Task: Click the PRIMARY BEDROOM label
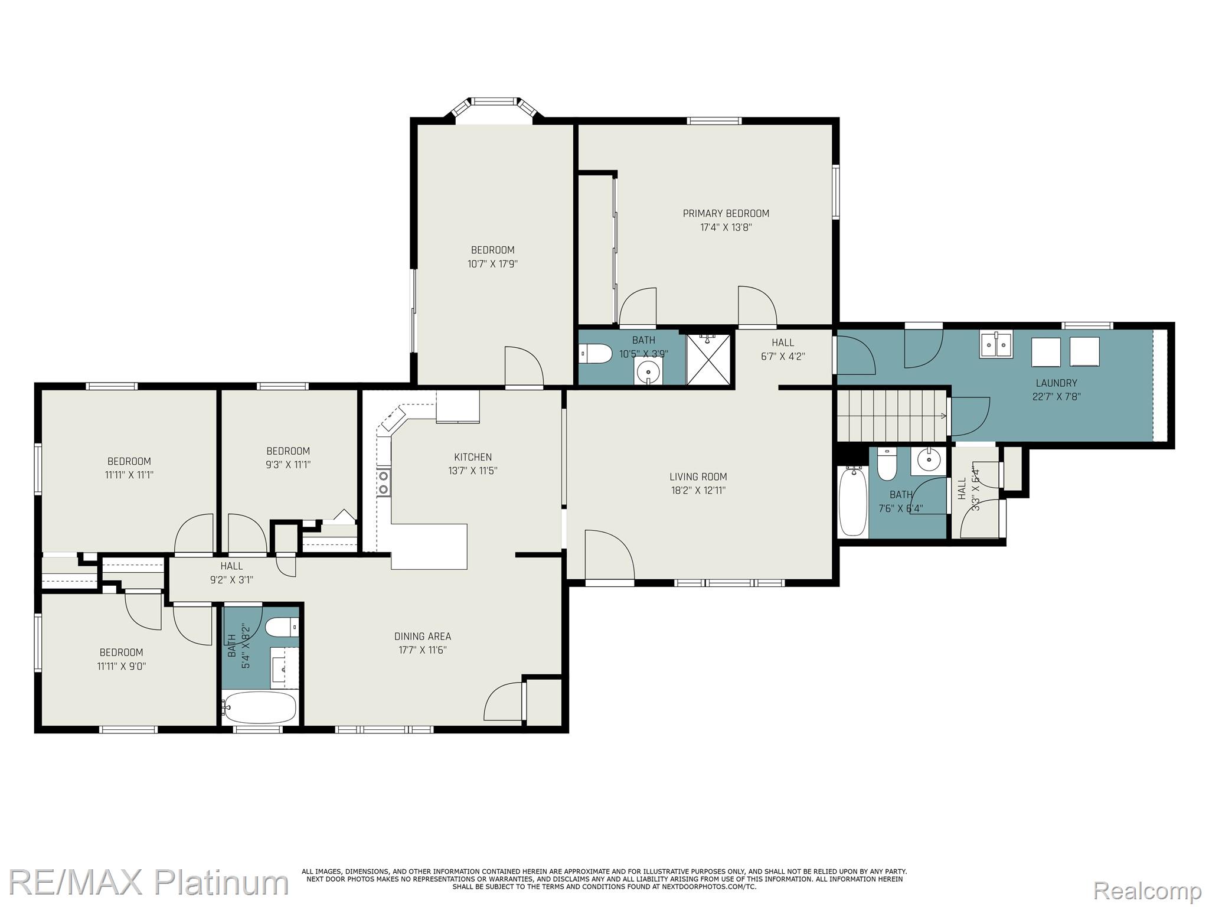726,213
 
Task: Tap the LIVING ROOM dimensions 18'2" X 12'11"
697,490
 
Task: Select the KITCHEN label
472,457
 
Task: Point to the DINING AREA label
423,636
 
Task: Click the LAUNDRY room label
1056,383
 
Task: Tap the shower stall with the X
708,360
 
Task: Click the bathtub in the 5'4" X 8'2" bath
260,707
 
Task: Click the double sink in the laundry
995,345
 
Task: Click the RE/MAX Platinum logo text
148,882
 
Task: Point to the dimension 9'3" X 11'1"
287,465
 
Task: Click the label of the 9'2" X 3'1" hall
231,566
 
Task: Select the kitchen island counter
429,546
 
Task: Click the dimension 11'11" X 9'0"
121,666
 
